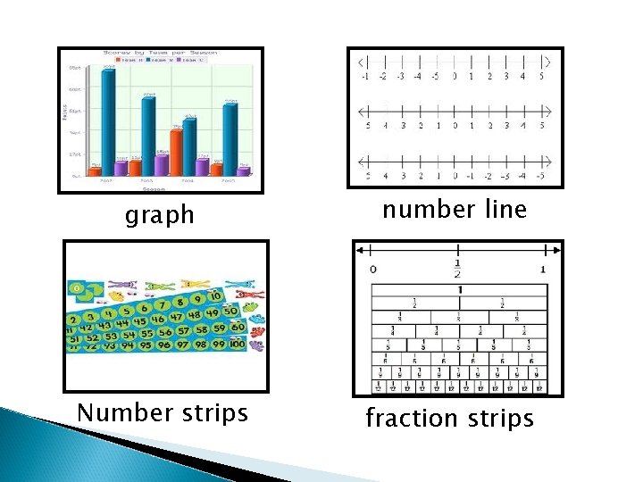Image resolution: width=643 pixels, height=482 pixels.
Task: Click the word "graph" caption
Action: point(161,215)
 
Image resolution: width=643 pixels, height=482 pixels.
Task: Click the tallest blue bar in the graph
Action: point(108,116)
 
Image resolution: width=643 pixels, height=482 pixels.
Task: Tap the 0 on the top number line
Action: point(455,77)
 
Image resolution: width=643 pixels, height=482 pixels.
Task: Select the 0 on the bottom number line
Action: point(455,176)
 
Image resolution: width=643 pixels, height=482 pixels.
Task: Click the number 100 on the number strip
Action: point(236,344)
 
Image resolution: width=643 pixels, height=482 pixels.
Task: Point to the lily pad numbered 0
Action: point(79,288)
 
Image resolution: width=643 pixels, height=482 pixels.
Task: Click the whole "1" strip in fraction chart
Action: point(459,290)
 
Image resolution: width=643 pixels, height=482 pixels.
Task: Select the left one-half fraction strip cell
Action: point(414,303)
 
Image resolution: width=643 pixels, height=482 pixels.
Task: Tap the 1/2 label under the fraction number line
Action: point(457,268)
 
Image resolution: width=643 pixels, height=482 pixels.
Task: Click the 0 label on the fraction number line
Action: point(372,269)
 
